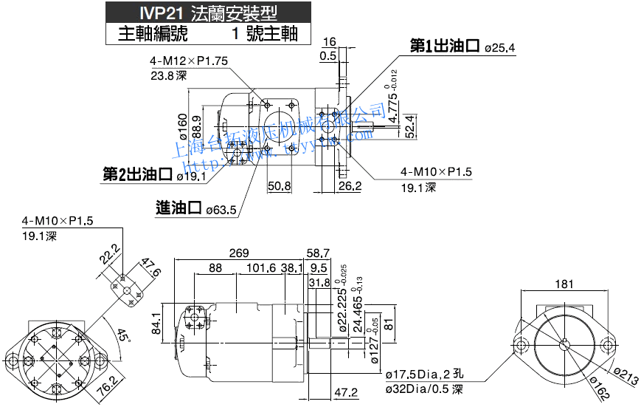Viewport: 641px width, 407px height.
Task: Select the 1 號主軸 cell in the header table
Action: [x=263, y=33]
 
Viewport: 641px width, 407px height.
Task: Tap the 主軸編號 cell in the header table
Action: [x=153, y=33]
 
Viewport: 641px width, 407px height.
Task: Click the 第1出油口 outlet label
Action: [x=445, y=47]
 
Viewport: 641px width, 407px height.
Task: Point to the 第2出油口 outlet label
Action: [x=137, y=175]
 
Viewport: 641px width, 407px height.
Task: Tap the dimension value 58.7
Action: [x=318, y=253]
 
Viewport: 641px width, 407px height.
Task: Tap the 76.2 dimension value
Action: [x=108, y=386]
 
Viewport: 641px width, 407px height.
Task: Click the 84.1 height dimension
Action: [x=156, y=323]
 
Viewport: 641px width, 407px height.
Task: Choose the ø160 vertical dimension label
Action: [x=183, y=126]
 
